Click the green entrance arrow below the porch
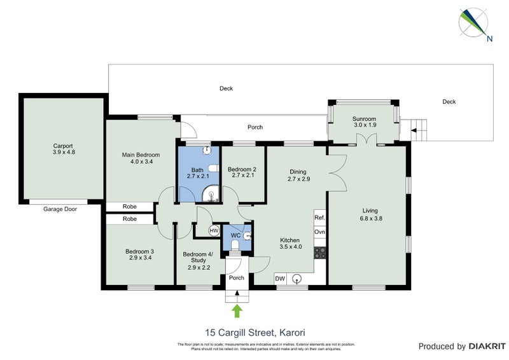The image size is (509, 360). pos(237,310)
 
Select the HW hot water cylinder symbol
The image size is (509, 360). pos(214,230)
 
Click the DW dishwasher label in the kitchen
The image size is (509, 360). pos(280,278)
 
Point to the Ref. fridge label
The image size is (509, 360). pos(319,218)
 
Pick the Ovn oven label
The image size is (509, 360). pos(319,232)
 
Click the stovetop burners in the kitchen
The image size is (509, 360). pos(319,253)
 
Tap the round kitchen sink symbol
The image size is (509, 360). pos(296,278)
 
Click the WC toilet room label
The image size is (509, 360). pos(235,235)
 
